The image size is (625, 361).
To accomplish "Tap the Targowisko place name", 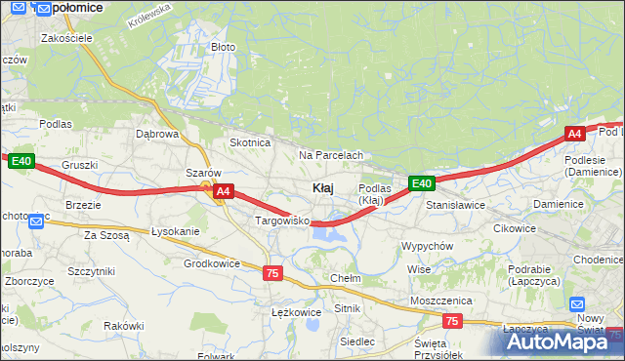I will click(281, 221).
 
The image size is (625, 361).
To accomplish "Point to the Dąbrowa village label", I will click(157, 135).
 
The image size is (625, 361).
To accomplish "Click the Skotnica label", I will click(249, 142).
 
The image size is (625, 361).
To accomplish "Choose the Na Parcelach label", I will click(331, 155).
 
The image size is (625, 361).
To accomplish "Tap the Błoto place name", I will click(224, 47).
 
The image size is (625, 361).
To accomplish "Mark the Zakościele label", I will click(66, 38).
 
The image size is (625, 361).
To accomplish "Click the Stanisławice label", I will click(455, 206).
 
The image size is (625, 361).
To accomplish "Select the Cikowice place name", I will click(515, 228).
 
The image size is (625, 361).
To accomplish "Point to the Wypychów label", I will click(427, 246).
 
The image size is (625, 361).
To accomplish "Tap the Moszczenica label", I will click(441, 301).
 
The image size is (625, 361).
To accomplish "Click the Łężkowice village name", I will click(296, 312).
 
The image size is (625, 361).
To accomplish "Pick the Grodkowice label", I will click(212, 263).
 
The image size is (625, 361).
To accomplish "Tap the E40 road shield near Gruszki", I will click(22, 161).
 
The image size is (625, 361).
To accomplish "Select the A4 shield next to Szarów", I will click(223, 192).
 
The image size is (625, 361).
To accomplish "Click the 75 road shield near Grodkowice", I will click(272, 274).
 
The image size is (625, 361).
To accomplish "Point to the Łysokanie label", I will click(176, 231).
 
